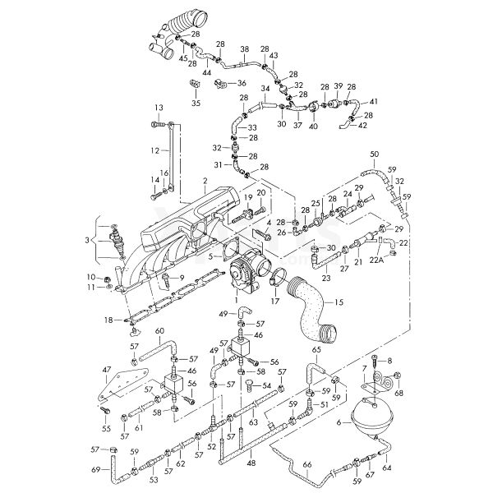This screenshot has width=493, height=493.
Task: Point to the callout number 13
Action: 159,108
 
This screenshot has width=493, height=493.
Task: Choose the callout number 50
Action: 374,154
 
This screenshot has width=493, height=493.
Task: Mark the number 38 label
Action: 244,49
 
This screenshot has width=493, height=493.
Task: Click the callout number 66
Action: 307,464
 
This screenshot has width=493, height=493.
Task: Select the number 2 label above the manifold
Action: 205,179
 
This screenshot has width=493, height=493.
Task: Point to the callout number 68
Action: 399,394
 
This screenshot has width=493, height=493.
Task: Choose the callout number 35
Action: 196,104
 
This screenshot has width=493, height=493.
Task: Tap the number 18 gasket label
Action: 108,319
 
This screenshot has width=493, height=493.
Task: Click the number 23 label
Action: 328,279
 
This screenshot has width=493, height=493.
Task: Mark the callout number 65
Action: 317,351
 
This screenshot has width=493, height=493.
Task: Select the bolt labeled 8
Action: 375,362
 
